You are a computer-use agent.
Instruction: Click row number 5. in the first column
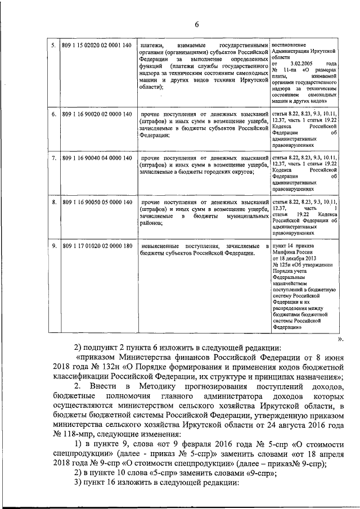[53, 44]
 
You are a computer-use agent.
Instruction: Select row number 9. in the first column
[53, 246]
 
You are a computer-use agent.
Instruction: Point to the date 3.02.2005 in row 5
[300, 64]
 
